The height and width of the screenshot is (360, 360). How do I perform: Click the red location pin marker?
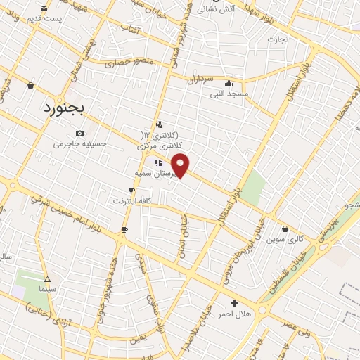181,165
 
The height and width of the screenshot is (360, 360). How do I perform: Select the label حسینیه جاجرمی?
80,144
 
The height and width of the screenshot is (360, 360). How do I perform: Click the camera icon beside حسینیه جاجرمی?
79,133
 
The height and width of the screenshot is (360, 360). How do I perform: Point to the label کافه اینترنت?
131,201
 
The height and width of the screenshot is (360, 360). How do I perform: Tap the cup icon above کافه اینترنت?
131,191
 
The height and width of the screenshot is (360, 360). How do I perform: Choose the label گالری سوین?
284,239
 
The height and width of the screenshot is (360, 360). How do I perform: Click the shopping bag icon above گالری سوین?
284,229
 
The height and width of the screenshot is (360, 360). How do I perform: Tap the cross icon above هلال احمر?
234,302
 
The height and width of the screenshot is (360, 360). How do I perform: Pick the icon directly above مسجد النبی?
229,82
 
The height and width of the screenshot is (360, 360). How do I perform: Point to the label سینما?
47,289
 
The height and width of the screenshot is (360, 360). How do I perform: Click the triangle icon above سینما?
47,278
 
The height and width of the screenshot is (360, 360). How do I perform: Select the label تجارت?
277,39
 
